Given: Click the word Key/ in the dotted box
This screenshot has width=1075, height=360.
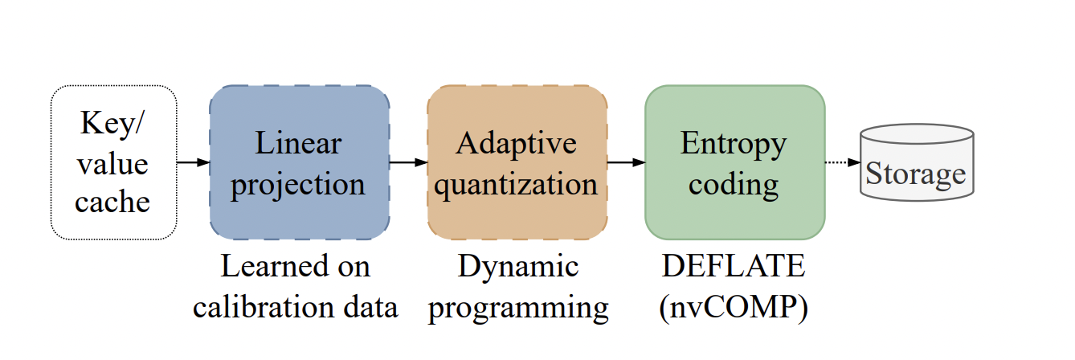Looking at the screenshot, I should coord(114,125).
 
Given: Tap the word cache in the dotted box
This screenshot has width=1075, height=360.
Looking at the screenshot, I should coord(112,202).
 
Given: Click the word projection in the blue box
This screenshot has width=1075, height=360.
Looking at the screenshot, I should coord(298,184).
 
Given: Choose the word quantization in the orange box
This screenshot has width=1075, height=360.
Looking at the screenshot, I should coord(516,184).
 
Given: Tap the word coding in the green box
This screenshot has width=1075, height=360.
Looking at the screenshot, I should coord(734,184).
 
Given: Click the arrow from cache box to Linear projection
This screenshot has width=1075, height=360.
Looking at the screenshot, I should coord(193,162).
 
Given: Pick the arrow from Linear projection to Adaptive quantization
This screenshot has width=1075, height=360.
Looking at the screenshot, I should coord(408,162).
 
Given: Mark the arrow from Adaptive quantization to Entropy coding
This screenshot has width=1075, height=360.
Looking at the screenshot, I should coord(626,162).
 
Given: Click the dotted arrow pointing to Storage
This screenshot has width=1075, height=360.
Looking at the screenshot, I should coord(843,162).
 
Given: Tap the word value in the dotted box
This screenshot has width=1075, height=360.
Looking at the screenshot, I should coord(112,164).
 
